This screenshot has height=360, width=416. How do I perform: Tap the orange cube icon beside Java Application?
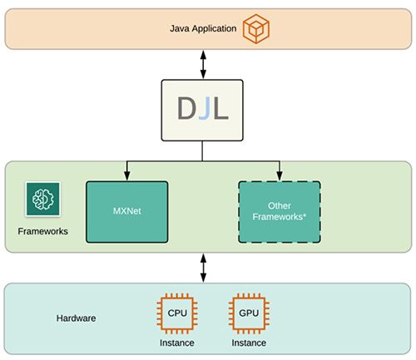coord(257,30)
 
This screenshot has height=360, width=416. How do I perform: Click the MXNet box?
coord(127,212)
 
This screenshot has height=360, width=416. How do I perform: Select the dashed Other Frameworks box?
coord(279,212)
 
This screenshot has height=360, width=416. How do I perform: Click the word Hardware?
coord(77,318)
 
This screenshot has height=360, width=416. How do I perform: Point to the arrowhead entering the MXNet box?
coord(127,177)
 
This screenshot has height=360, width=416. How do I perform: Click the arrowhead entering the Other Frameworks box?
coord(279,177)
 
